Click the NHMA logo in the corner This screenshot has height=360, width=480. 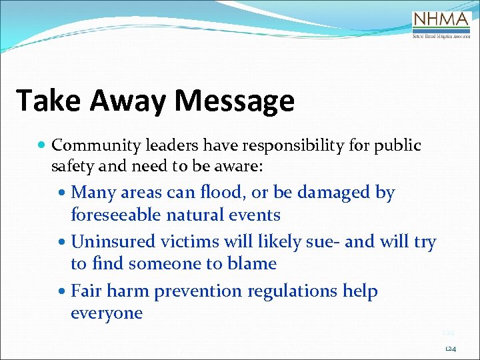(x=442, y=25)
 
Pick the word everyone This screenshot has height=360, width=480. (x=107, y=313)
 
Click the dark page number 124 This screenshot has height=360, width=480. (x=450, y=349)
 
